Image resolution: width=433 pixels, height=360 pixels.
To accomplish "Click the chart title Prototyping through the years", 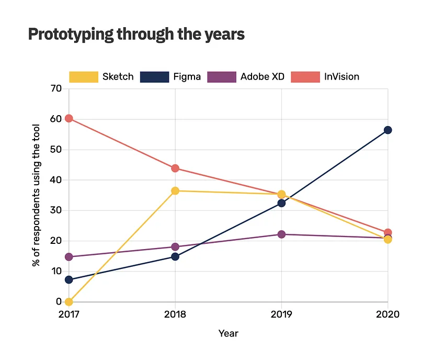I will point(136,35).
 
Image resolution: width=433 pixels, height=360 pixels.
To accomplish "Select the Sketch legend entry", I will point(101,77).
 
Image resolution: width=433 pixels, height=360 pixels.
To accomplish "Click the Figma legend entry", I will point(170,77).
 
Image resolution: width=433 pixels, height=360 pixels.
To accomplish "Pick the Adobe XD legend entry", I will point(246,77).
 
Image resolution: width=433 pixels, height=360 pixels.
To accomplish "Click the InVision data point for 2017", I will point(69,118).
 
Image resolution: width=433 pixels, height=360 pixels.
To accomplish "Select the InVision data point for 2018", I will point(175,168).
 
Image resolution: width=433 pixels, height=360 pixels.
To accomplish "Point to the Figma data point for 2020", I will point(388,130).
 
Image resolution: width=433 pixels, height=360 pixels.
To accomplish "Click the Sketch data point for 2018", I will point(175,191).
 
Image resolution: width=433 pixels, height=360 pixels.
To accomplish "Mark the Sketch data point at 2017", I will point(69,302).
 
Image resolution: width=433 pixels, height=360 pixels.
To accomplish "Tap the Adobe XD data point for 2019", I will point(281,234).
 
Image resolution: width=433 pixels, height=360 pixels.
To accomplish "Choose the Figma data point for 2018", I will point(175,256).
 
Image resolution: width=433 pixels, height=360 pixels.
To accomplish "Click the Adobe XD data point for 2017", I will point(69,257).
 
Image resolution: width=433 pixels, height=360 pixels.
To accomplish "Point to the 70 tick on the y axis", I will point(56,89).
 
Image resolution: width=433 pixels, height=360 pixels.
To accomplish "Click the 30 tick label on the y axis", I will point(56,210).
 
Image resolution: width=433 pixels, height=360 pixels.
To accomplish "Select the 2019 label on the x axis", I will point(281,314).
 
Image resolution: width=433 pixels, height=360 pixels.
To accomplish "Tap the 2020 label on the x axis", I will point(388,314).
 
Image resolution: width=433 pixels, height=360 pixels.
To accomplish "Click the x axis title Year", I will point(228,333).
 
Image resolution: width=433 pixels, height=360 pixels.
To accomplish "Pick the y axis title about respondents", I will point(36,195).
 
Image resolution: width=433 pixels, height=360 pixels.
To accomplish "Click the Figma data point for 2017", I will point(69,279).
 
